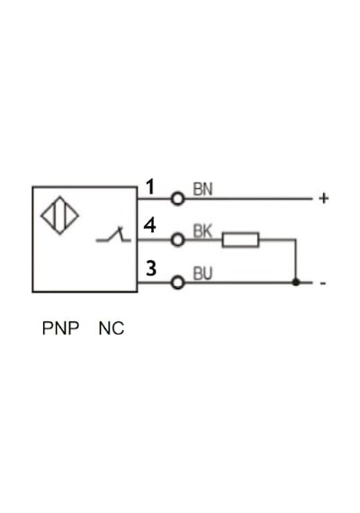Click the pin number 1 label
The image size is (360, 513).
[150, 187]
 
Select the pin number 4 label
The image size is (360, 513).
[150, 225]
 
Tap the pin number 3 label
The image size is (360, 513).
[151, 268]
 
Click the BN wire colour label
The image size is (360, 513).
[202, 189]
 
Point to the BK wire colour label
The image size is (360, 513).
[202, 231]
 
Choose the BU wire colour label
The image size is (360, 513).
[202, 274]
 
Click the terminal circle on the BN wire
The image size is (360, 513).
[177, 199]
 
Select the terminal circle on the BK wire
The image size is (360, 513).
[177, 240]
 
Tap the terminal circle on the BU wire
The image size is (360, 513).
[177, 283]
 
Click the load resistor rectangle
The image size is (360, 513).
[240, 239]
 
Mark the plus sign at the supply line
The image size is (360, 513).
[324, 198]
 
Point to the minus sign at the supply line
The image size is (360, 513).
[323, 283]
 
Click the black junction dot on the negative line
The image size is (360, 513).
[296, 282]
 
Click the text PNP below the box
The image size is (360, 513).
[60, 328]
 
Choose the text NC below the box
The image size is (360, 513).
[112, 328]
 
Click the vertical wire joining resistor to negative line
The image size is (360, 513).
[296, 261]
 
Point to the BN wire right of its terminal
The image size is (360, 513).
[248, 199]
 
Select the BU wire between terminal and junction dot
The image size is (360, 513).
[238, 283]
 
